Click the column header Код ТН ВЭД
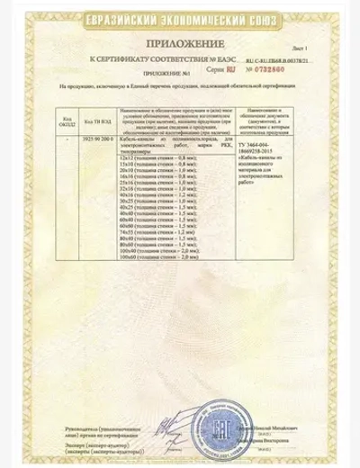(x=96, y=118)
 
